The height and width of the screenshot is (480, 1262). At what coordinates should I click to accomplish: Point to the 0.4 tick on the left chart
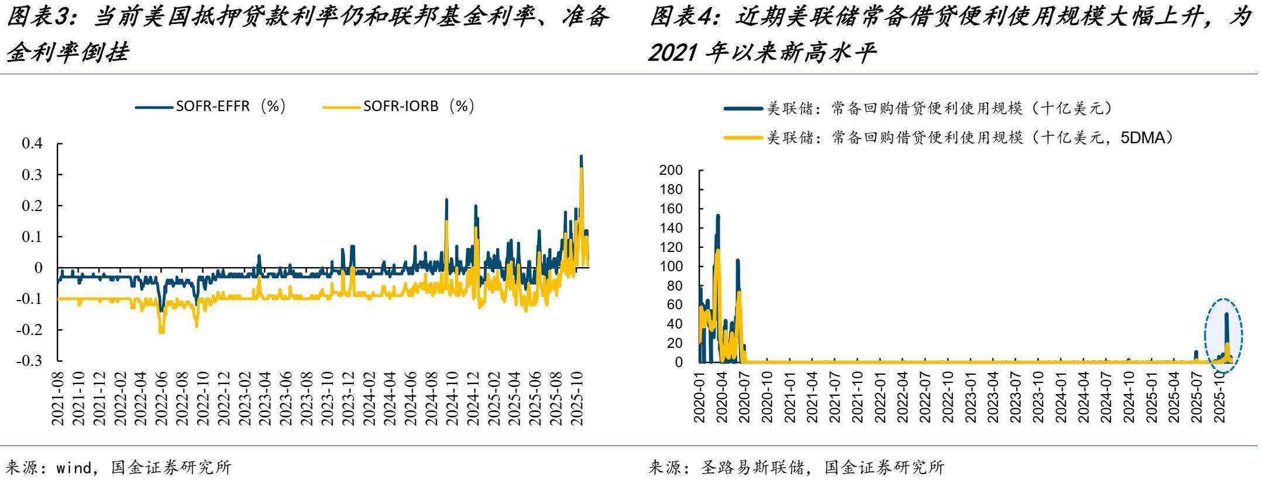(32, 144)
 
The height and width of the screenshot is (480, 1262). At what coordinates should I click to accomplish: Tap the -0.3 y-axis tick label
(29, 361)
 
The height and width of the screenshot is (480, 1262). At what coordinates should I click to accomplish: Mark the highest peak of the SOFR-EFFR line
(581, 157)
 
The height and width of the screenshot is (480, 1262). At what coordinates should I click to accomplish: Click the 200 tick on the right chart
(670, 170)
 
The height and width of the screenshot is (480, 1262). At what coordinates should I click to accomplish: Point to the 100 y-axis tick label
(670, 267)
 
